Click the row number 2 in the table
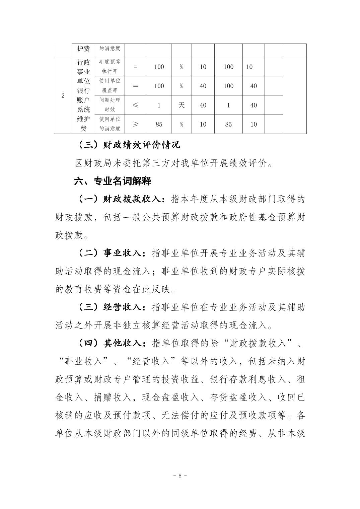(x=63, y=95)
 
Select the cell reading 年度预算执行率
(x=110, y=66)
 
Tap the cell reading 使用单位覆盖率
(x=110, y=86)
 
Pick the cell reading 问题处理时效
(x=110, y=105)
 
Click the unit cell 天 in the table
(x=181, y=105)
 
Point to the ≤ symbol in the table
(x=136, y=105)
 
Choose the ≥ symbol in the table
(x=136, y=124)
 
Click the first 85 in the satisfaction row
(x=159, y=124)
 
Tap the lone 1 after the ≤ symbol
(x=159, y=105)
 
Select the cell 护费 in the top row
(x=83, y=49)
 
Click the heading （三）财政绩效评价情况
(x=129, y=145)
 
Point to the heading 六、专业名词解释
(x=113, y=181)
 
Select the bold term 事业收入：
(x=124, y=253)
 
